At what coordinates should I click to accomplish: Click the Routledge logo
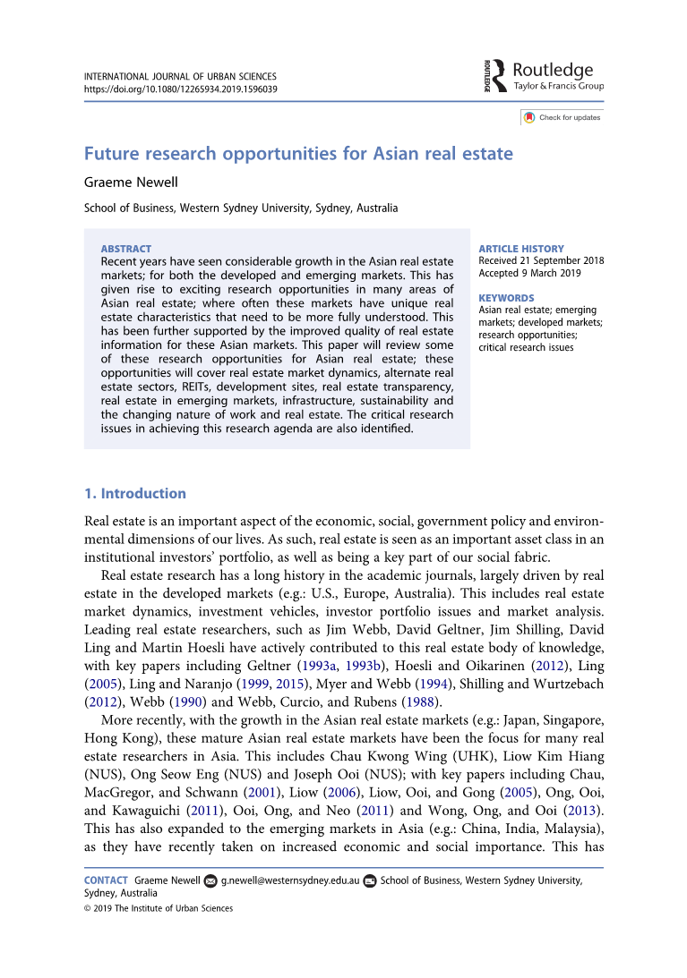coord(543,75)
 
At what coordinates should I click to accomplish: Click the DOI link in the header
coord(180,89)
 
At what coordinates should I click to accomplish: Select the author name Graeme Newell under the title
coord(131,183)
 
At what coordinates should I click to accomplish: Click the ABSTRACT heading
coord(126,248)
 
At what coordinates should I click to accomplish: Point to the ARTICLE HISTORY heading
coord(521,249)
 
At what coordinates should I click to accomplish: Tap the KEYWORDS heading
coord(506,298)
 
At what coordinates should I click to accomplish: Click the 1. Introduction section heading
coord(135,493)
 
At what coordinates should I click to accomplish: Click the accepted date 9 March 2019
coord(541,273)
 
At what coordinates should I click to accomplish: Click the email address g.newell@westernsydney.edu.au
coord(290,880)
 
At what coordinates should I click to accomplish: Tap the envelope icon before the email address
coord(210,880)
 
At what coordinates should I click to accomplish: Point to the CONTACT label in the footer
coord(106,880)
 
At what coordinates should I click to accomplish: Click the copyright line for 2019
coord(159,908)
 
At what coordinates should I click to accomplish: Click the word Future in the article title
coord(113,153)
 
